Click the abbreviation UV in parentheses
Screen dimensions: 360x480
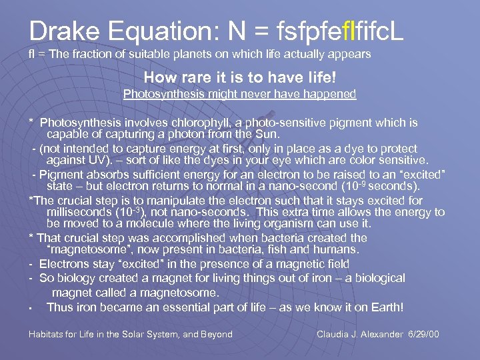[93, 160]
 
